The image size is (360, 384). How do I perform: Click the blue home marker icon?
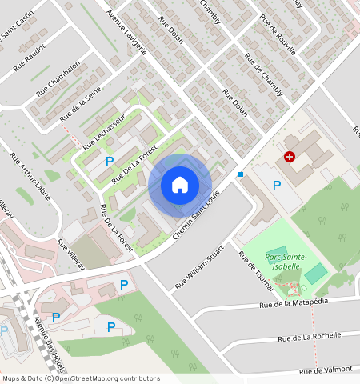[180, 186]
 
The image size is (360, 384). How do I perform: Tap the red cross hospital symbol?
[290, 158]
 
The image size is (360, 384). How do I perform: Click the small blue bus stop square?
[240, 174]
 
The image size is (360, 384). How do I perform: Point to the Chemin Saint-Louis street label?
[196, 210]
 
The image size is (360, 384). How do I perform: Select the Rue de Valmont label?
[327, 370]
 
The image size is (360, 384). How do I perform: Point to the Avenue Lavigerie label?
[127, 32]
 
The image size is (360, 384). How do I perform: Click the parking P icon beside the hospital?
[277, 186]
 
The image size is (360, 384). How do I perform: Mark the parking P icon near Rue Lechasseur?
[109, 161]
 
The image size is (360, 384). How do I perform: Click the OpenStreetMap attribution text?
[80, 378]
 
